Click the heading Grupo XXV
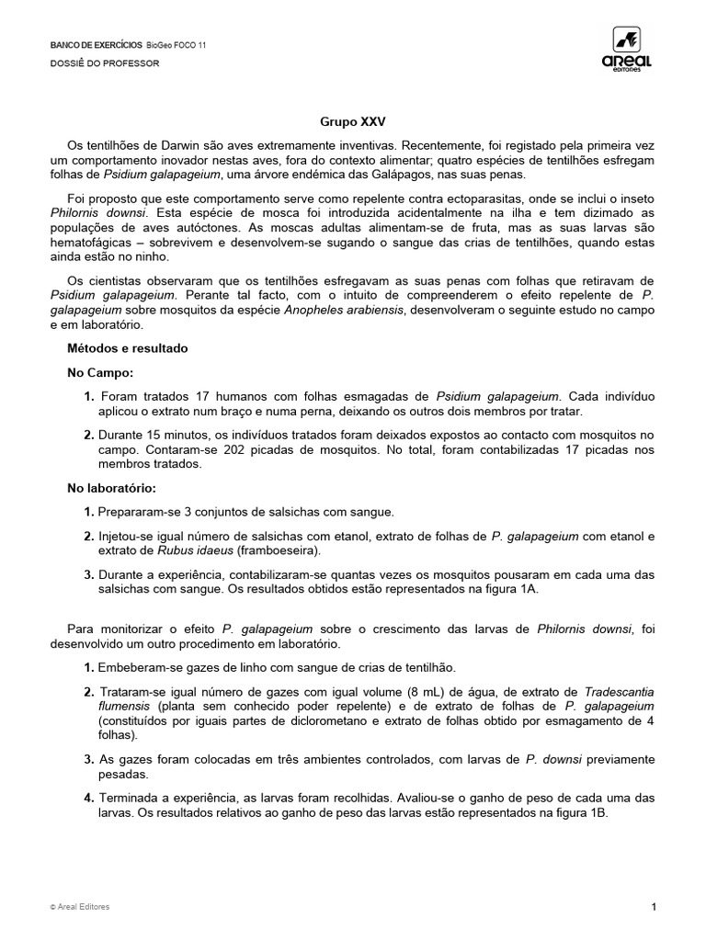click(x=347, y=121)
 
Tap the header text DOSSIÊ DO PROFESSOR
click(x=104, y=63)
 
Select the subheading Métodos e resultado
click(x=127, y=349)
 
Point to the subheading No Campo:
click(x=100, y=373)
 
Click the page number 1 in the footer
click(x=654, y=907)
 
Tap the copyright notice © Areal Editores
click(x=80, y=907)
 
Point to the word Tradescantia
click(x=620, y=692)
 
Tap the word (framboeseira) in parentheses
click(x=277, y=550)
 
